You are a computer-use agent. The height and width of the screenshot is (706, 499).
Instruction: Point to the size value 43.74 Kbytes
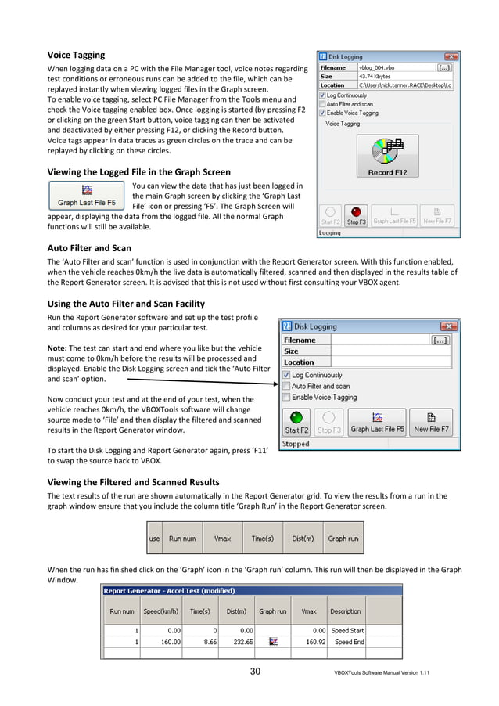[x=377, y=76]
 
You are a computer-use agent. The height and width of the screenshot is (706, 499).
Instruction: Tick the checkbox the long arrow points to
[x=286, y=385]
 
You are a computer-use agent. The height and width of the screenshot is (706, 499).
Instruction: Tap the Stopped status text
[x=296, y=444]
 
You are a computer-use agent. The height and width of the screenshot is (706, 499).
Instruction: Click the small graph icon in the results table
[x=274, y=641]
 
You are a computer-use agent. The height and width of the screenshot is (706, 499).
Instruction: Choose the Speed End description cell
[x=348, y=641]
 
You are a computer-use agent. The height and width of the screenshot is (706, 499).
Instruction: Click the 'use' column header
[x=155, y=539]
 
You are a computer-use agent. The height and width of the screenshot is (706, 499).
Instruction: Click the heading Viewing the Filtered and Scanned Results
[x=133, y=481]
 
